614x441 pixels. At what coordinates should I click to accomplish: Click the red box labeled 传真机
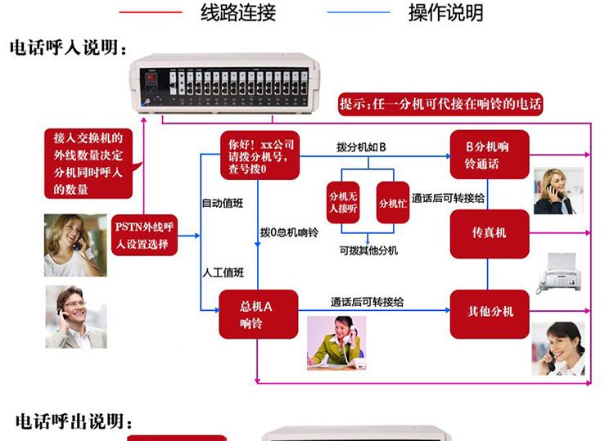490,233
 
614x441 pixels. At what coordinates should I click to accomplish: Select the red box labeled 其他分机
490,312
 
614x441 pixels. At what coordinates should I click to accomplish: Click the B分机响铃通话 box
490,155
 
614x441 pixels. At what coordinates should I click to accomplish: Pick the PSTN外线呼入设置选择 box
144,235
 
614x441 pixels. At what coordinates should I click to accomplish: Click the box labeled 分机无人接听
344,202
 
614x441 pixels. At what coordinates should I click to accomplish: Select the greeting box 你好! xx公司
258,153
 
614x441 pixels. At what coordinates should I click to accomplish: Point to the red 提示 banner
441,104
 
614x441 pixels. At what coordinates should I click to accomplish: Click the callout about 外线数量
88,164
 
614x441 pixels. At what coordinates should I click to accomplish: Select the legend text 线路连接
238,12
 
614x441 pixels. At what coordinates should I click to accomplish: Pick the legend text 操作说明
445,12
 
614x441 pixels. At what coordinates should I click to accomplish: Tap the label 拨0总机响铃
289,233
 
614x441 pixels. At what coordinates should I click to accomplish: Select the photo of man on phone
75,317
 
